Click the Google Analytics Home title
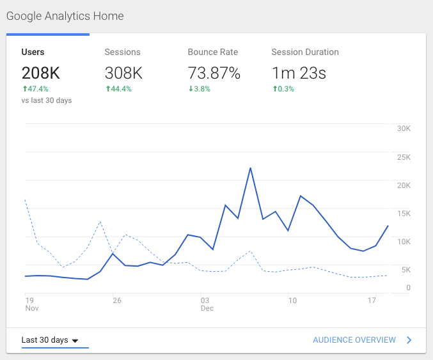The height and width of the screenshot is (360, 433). click(65, 16)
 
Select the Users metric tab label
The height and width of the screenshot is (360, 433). click(33, 52)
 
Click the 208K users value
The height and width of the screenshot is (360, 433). click(42, 73)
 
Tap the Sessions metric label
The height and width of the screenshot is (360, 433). click(122, 52)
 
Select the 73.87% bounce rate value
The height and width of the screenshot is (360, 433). click(214, 73)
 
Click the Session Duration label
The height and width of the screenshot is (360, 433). click(305, 52)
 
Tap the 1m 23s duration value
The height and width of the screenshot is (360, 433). click(299, 73)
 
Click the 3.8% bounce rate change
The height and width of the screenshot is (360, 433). click(201, 89)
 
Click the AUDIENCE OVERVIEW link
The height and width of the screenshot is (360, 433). click(354, 340)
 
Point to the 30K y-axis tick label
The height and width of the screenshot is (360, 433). click(403, 129)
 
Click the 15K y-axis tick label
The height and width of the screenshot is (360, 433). click(403, 213)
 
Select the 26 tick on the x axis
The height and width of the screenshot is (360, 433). click(116, 300)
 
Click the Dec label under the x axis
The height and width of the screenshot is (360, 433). click(207, 309)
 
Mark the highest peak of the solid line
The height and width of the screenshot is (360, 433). click(250, 168)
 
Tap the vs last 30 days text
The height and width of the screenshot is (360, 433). click(47, 100)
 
